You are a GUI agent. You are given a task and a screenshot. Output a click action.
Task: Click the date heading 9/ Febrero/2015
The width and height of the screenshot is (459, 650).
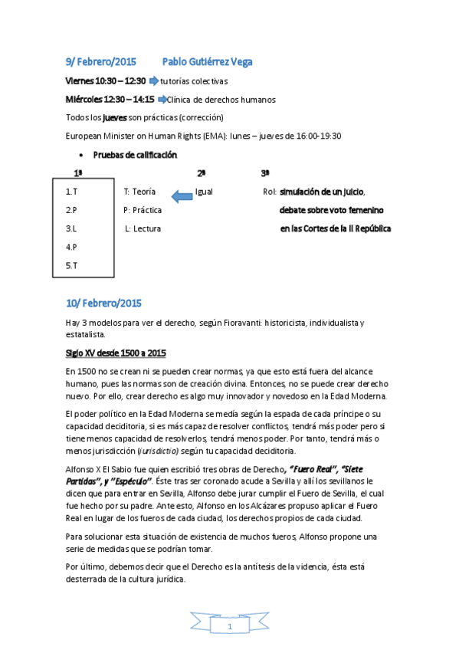coord(100,61)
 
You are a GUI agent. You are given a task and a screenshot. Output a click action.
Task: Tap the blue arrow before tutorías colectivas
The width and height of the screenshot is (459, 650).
coord(153,80)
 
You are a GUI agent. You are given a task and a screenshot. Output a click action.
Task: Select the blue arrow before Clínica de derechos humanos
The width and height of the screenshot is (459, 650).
coord(161,100)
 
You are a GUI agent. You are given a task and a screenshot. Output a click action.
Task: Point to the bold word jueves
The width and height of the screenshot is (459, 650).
coord(115,117)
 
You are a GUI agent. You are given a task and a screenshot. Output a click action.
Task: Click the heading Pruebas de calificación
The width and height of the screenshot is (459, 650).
coord(135,155)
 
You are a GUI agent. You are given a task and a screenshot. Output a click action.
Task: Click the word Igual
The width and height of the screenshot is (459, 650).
coord(204,192)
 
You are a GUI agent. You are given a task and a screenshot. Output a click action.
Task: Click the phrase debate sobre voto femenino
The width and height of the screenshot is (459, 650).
coord(332,210)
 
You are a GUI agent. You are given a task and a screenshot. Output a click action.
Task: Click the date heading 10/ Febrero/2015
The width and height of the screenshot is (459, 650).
coord(103,303)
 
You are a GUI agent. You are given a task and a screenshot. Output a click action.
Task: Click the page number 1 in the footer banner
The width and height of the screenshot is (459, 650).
coord(229,629)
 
